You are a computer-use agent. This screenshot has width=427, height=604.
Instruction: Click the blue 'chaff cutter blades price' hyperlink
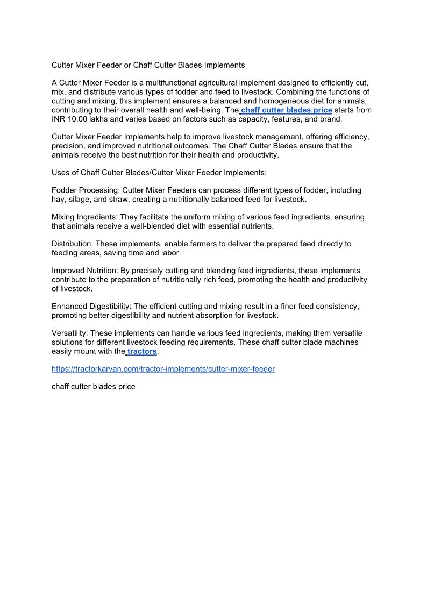(x=287, y=110)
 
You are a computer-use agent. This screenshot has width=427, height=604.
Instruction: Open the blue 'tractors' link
(x=142, y=351)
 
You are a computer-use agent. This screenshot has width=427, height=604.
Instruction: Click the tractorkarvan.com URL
(x=163, y=369)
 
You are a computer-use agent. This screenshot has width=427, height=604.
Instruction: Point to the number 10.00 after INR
(x=77, y=119)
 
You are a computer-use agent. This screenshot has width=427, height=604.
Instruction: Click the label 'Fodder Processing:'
(x=86, y=190)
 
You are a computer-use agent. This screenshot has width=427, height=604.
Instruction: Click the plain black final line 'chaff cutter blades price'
(x=93, y=387)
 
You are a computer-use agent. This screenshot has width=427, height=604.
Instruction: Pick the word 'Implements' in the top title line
(x=225, y=65)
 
